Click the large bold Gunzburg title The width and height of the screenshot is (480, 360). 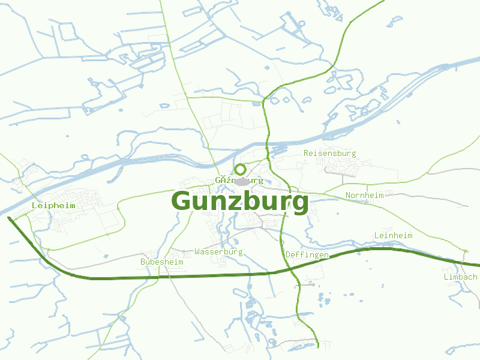tap(240, 202)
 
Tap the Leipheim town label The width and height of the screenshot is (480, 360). tap(53, 205)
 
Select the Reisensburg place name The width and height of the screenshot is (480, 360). tap(329, 153)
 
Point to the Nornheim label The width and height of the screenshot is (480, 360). tap(364, 195)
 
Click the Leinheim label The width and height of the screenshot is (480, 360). tap(393, 235)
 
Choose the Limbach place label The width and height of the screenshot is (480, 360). tap(460, 277)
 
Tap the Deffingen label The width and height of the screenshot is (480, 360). tap(307, 255)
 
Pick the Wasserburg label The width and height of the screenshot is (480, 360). tap(218, 251)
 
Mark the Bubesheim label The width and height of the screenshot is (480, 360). tap(161, 262)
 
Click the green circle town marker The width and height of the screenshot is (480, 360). tap(240, 170)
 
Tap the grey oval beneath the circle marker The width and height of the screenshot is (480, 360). tap(242, 181)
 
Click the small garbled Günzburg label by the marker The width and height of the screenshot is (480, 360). tap(239, 180)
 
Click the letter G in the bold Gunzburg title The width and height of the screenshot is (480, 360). tap(182, 202)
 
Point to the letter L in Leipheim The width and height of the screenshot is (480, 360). tap(34, 205)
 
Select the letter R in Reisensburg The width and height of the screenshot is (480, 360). tap(306, 153)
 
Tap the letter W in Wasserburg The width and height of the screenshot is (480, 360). tap(197, 251)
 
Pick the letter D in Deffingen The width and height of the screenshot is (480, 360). tap(288, 255)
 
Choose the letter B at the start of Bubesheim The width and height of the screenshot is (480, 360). tap(143, 262)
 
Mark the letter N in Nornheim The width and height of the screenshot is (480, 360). tap(348, 195)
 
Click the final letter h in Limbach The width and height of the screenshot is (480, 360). tap(475, 277)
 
